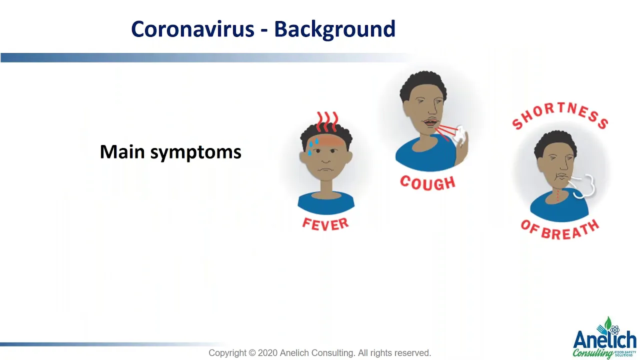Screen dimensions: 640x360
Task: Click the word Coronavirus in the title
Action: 192,29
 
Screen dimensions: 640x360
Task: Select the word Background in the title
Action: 334,29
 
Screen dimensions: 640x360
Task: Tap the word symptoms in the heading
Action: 196,153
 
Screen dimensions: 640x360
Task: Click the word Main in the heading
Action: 122,151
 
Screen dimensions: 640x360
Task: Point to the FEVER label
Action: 325,224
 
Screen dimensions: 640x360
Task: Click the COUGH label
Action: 427,183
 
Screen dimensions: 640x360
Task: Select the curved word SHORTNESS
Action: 559,115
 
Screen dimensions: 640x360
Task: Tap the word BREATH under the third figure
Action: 570,231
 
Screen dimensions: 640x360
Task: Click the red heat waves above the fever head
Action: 327,121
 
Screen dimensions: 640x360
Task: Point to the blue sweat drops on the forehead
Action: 312,146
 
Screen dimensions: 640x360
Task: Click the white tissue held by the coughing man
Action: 460,135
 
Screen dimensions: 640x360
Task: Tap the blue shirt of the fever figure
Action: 326,203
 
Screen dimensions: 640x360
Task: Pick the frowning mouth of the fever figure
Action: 325,169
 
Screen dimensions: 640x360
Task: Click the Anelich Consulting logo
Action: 604,338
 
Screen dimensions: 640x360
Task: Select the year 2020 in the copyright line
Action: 267,353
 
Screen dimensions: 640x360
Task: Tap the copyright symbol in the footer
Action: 252,353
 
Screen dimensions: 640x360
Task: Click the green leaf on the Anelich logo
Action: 608,323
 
